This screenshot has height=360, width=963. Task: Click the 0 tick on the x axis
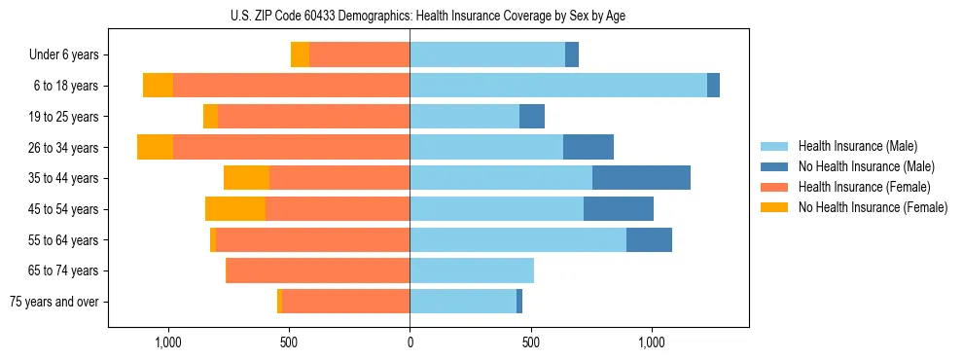[x=410, y=342]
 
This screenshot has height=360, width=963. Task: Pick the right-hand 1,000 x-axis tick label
[x=651, y=342]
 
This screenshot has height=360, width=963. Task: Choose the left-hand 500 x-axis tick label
[x=289, y=342]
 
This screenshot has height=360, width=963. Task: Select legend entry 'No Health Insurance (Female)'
[x=873, y=207]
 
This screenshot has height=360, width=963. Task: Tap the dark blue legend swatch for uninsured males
[x=775, y=166]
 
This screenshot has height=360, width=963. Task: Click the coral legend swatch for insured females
[x=775, y=187]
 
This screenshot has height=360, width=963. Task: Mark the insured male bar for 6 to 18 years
[x=558, y=86]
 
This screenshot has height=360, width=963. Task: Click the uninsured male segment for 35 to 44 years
[x=641, y=178]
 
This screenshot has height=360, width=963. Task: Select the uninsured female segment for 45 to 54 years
[x=235, y=209]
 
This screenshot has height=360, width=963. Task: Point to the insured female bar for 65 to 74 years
[x=317, y=270]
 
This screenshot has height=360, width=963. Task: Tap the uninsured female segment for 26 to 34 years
[x=155, y=147]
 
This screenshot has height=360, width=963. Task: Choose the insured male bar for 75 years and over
[x=463, y=302]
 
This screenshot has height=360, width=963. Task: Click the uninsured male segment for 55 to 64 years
[x=649, y=239]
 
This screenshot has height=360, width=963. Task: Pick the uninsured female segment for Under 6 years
[x=300, y=55]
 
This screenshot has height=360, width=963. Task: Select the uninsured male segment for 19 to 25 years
[x=531, y=117]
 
